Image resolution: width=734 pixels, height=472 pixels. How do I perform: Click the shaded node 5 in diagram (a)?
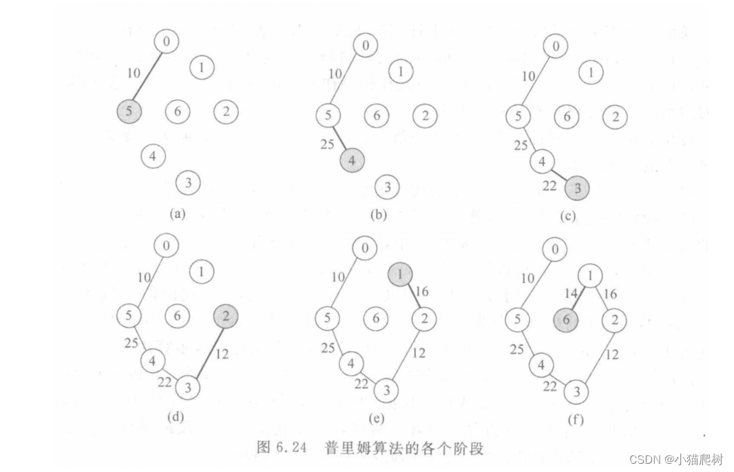coord(129,111)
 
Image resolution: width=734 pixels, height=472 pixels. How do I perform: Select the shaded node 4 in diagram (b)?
coord(352,160)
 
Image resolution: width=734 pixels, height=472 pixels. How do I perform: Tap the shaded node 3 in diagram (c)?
coord(576,187)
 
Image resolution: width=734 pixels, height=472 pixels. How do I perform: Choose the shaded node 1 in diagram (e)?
coord(400,275)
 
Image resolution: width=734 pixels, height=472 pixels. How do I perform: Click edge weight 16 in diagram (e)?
coord(423,292)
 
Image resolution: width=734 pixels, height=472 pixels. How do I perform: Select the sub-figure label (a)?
coord(178,214)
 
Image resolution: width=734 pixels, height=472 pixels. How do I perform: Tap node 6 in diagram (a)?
coord(178,111)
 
